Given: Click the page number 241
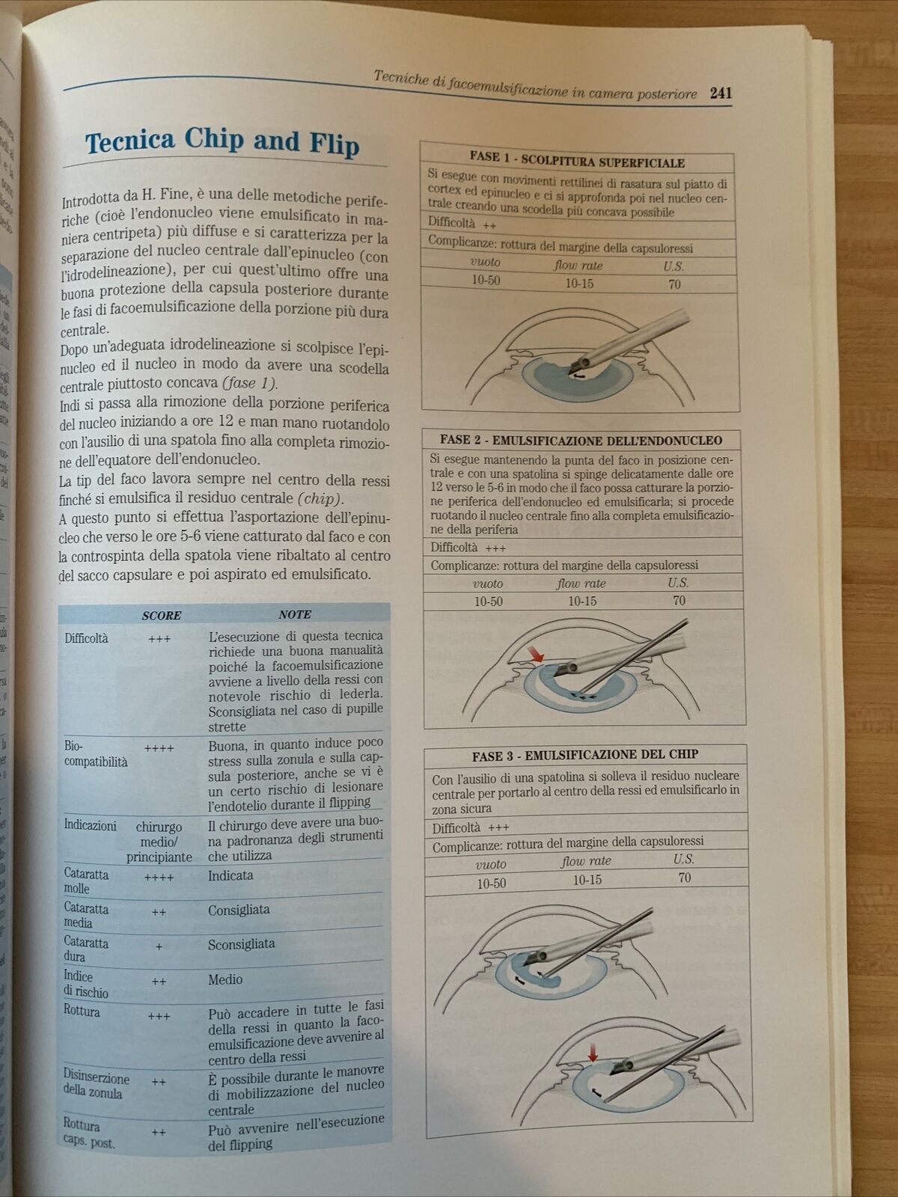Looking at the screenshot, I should click(x=721, y=93).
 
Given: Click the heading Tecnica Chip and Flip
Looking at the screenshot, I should click(x=222, y=142).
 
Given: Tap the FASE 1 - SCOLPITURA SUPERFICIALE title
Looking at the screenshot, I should click(x=577, y=159).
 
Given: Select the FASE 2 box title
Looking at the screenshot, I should click(x=581, y=440).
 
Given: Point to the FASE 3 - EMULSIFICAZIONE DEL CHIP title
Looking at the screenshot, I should click(x=584, y=755).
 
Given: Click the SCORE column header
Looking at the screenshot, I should click(x=162, y=616).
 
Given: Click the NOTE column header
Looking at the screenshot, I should click(x=295, y=614).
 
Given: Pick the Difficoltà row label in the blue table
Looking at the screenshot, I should click(x=86, y=638).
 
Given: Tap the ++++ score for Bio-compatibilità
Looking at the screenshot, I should click(x=159, y=747).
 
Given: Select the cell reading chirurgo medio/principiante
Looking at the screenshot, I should click(x=159, y=842).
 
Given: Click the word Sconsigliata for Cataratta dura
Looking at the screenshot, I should click(x=241, y=944).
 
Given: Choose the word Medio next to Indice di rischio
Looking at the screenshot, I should click(x=225, y=979).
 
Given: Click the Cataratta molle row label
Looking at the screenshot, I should click(x=86, y=881).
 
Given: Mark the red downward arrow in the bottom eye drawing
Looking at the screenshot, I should click(x=593, y=1053).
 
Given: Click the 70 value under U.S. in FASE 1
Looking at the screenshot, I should click(x=674, y=284).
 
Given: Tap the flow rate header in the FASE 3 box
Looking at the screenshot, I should click(x=586, y=861).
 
